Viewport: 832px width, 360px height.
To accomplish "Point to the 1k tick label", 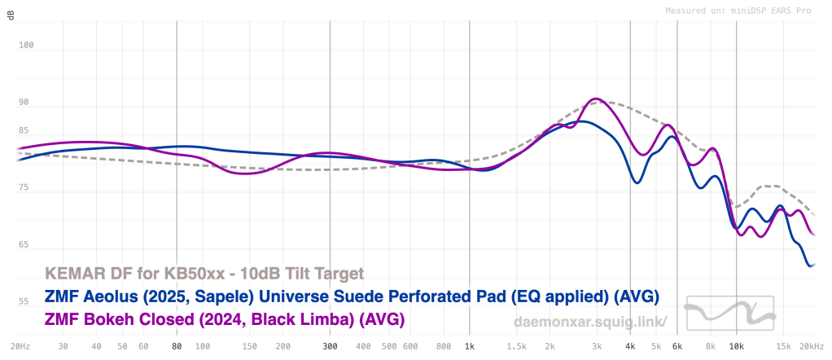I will (x=469, y=346).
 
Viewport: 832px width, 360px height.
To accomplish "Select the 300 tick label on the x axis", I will (x=330, y=346).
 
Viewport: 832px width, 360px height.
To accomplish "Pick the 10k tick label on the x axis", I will (x=736, y=346).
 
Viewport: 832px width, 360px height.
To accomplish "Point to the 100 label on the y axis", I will (x=25, y=46).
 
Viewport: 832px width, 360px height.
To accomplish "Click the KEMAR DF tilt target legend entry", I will (x=204, y=273).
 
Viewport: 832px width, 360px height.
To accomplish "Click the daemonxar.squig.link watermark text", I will (x=590, y=322).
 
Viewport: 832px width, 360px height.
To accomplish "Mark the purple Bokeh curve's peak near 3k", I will (x=597, y=99).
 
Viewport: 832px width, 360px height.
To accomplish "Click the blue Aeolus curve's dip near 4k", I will (x=637, y=182).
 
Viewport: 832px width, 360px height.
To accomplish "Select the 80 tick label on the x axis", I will (x=177, y=346).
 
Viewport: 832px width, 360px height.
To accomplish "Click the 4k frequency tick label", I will (x=630, y=346).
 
